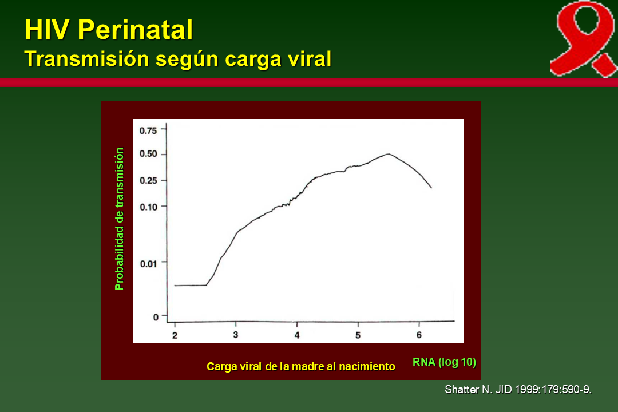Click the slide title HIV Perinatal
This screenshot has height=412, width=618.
point(109,30)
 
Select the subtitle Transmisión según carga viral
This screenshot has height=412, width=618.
point(178,59)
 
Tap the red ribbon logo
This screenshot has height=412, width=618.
point(583,38)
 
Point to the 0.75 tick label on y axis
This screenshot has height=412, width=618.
point(148,130)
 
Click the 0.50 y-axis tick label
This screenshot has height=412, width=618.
point(148,154)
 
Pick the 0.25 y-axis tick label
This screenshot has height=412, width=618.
point(148,180)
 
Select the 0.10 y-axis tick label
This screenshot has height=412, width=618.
point(148,206)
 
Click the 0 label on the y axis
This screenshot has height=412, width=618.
point(155,316)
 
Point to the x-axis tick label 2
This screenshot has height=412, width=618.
point(175,335)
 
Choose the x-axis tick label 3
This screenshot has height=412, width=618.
point(236,335)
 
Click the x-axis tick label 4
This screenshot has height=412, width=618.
point(297,335)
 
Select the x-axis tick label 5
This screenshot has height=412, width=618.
point(358,335)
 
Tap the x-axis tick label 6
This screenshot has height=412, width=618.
point(419,335)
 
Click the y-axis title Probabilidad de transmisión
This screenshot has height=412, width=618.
point(120,219)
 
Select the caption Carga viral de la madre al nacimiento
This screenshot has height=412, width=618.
point(300,366)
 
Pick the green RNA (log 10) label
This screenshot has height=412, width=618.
point(444,362)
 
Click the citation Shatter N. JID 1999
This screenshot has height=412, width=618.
point(518,390)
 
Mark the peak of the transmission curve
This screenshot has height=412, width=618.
point(389,154)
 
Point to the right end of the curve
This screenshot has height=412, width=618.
point(431,187)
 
